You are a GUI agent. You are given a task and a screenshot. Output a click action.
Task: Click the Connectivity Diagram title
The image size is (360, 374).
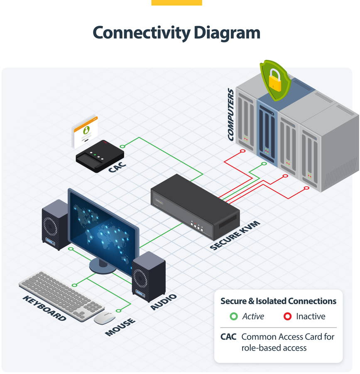point(176,33)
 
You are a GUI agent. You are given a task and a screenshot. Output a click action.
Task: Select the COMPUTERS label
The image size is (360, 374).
point(231,114)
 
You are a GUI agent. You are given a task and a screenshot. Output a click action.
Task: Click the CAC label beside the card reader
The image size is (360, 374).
point(117,167)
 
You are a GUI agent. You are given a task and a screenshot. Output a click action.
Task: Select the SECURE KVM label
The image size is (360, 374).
point(235,235)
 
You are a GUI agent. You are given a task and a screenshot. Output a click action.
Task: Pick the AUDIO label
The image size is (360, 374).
point(164,302)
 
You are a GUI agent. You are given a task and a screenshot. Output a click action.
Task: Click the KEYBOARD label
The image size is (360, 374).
point(44,308)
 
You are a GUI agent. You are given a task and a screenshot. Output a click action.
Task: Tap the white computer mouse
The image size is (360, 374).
point(104,317)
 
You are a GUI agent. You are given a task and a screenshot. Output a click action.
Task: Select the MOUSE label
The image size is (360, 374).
point(120,327)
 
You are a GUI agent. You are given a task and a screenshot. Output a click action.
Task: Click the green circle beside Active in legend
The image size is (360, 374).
point(233,317)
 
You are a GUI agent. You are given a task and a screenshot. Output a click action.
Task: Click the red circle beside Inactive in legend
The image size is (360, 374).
point(287,317)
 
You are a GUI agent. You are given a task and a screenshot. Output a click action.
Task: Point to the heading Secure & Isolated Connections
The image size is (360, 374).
point(278,301)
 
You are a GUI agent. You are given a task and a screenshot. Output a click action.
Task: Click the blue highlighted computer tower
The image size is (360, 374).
point(267,129)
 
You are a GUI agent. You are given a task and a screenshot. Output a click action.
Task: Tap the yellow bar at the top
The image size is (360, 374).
point(176,2)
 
